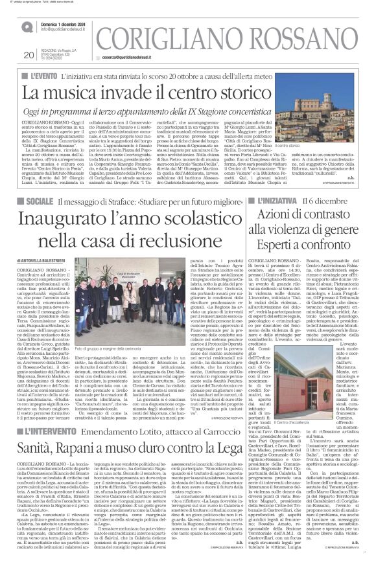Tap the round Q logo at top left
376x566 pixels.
pos(26,27)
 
